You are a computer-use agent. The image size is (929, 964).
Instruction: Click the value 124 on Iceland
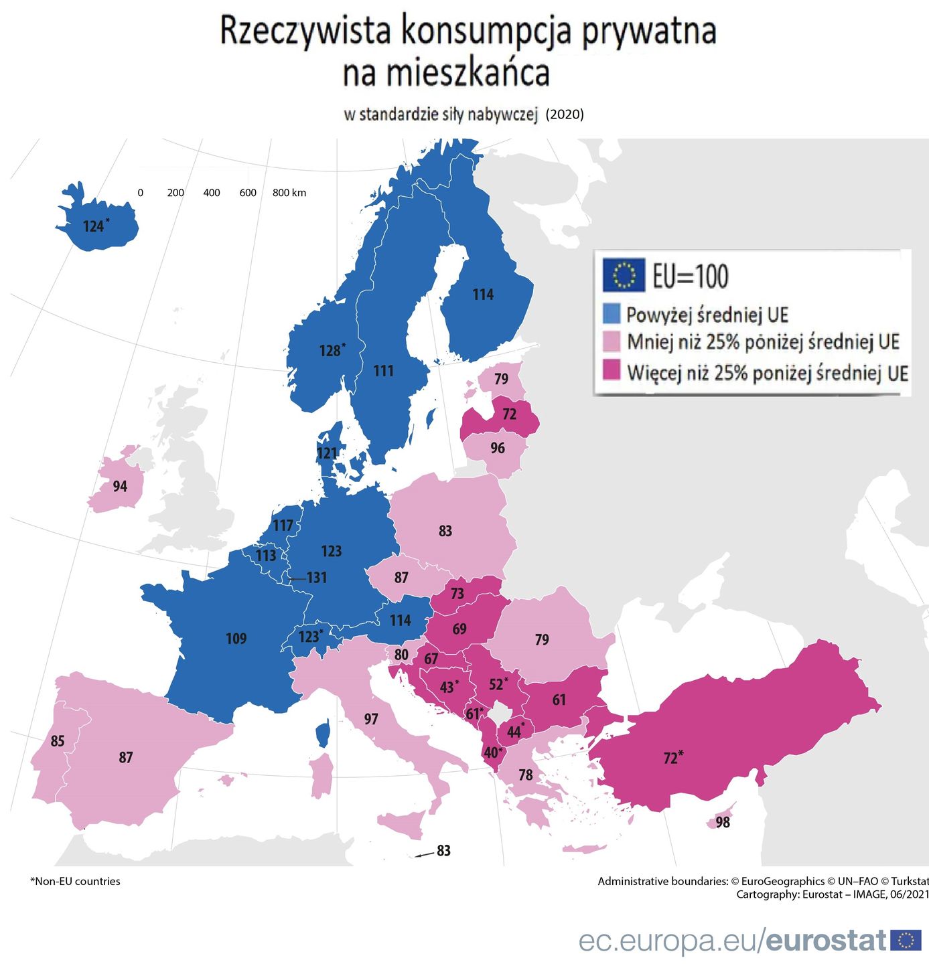coord(94,226)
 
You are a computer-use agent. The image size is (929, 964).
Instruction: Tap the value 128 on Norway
coord(330,351)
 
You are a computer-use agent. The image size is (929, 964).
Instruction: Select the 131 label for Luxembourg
coord(316,577)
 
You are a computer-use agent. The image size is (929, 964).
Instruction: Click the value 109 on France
coord(236,639)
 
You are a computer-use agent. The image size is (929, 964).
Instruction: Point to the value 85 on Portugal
coord(58,740)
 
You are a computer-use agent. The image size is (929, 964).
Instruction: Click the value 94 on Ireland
coord(120,486)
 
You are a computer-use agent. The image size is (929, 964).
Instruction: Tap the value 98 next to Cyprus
coord(723,822)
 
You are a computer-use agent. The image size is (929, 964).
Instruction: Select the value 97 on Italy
coord(371,719)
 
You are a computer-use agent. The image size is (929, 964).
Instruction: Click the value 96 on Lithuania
coord(498,448)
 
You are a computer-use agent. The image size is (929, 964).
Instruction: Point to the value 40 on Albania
coord(492,752)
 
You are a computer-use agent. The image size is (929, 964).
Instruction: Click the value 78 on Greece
coord(526,775)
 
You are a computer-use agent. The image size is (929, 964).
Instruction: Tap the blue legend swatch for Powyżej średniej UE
coord(612,313)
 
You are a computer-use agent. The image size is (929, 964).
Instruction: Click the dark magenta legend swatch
coord(612,370)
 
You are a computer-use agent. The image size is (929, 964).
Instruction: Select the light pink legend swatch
coord(612,341)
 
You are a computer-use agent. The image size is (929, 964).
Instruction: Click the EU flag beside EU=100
coord(624,275)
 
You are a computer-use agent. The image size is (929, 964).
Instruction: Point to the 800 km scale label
coord(289,193)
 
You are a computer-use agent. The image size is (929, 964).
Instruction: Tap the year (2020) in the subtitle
coord(565,114)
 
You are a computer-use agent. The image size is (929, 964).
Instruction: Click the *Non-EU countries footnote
coord(75,881)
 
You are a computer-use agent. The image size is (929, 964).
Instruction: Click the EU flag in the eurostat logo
coord(906,940)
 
